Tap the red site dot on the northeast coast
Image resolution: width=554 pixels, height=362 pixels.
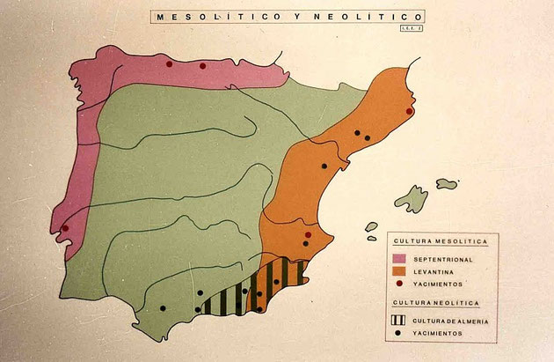[x=410, y=111]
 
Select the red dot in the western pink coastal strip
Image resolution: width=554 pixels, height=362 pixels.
[x=64, y=229]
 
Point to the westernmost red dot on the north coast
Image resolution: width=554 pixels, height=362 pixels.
[x=169, y=63]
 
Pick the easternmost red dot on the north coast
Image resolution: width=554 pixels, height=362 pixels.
[x=202, y=65]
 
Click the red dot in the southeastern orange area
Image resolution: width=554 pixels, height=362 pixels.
[x=308, y=234]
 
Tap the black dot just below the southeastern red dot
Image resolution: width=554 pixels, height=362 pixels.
[x=305, y=243]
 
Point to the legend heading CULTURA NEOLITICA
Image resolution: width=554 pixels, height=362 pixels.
[x=434, y=303]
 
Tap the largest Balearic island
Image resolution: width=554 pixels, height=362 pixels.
[x=411, y=200]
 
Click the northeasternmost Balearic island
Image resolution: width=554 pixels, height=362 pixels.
[x=448, y=184]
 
